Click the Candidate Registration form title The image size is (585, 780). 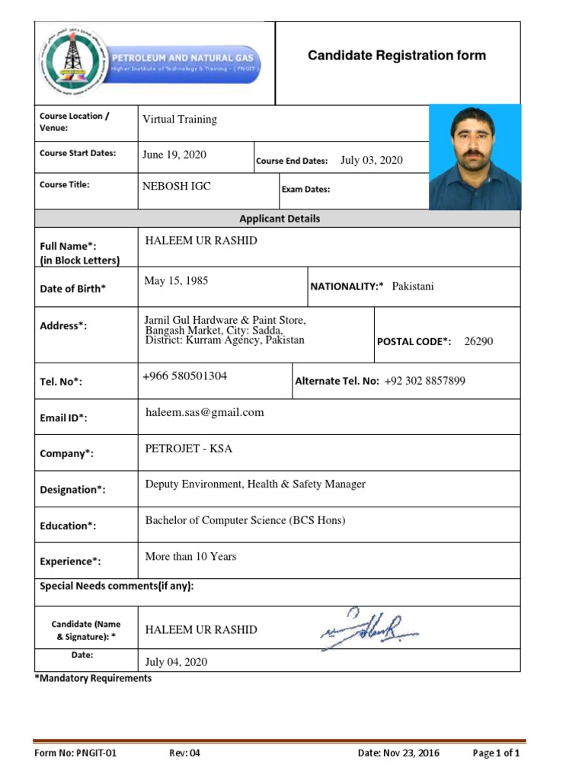pyautogui.click(x=396, y=56)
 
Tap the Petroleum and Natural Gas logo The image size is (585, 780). pyautogui.click(x=151, y=62)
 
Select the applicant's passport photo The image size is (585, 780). pyautogui.click(x=475, y=157)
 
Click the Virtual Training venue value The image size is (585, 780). pyautogui.click(x=179, y=120)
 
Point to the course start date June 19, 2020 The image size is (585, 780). pyautogui.click(x=174, y=155)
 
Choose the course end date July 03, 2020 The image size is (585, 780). pyautogui.click(x=371, y=160)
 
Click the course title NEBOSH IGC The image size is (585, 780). pyautogui.click(x=177, y=186)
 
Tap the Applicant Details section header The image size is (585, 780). pyautogui.click(x=280, y=219)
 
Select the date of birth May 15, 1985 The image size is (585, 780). pyautogui.click(x=176, y=281)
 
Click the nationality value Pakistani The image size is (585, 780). pyautogui.click(x=412, y=286)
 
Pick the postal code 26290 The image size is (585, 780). pyautogui.click(x=478, y=341)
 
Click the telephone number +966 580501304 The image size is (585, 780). pyautogui.click(x=185, y=376)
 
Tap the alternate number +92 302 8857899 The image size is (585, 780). pyautogui.click(x=425, y=381)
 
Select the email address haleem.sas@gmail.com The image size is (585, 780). pyautogui.click(x=204, y=412)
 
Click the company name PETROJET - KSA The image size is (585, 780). pyautogui.click(x=188, y=449)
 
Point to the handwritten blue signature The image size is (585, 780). pyautogui.click(x=369, y=629)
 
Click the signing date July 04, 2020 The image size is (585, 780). pyautogui.click(x=175, y=662)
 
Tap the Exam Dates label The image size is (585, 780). pyautogui.click(x=305, y=190)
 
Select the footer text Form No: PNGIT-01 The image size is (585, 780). pyautogui.click(x=75, y=753)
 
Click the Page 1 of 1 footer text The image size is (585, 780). pyautogui.click(x=496, y=753)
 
